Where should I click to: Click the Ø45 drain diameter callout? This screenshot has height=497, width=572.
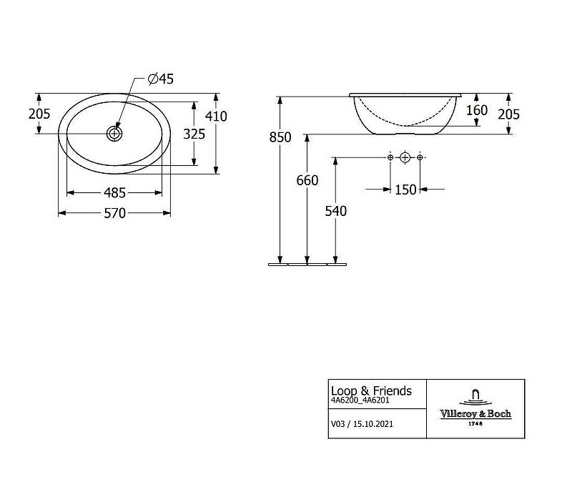(161, 79)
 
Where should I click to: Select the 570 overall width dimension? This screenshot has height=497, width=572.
(114, 213)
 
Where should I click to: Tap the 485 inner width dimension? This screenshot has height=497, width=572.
(114, 192)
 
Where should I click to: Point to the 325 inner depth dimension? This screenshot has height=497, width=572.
(194, 134)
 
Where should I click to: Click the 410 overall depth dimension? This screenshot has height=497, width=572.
(216, 116)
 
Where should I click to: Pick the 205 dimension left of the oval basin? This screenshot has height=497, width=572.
(39, 114)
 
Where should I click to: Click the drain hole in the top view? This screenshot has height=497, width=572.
(114, 134)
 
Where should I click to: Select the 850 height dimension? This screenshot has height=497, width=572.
(280, 137)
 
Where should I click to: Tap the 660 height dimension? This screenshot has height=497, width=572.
(307, 180)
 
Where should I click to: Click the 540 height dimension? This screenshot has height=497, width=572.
(335, 211)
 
